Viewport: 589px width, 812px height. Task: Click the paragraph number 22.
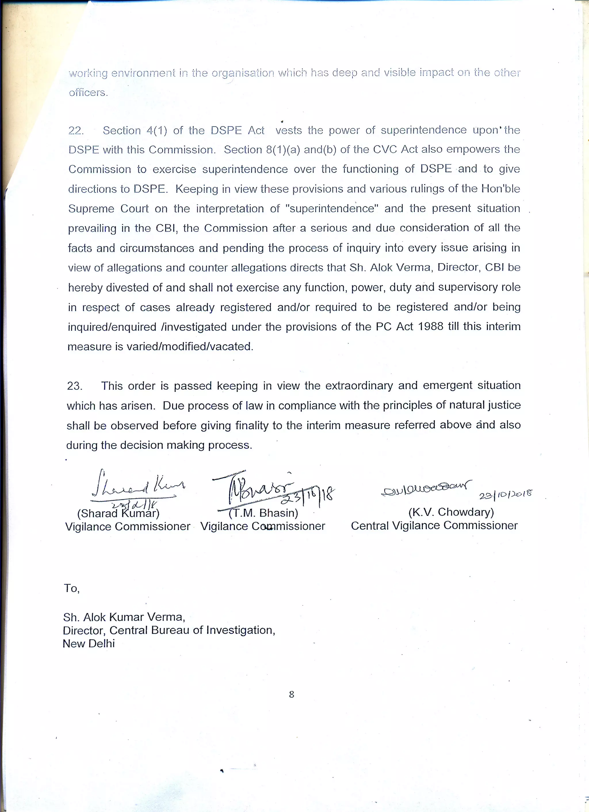tap(76, 131)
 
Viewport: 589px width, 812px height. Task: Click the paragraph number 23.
tap(74, 386)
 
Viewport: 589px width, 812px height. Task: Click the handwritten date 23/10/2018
tap(505, 495)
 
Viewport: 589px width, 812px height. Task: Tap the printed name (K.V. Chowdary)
tap(451, 512)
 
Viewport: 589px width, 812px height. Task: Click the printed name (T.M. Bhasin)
tap(263, 513)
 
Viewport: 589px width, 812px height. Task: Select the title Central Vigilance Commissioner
tap(434, 526)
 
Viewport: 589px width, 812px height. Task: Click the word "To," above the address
tap(72, 588)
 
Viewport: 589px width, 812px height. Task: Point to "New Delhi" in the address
tap(89, 643)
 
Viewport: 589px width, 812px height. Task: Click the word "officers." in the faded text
tap(88, 93)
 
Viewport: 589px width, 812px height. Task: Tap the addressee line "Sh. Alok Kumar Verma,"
tap(124, 617)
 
